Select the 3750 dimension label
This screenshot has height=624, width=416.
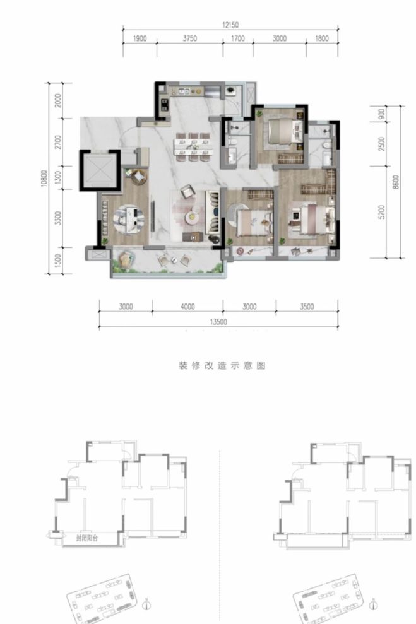coord(190,38)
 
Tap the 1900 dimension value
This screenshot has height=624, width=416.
coord(140,38)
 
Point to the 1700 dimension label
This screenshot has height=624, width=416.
coord(237,38)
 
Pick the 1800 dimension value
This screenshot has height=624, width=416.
coord(321,38)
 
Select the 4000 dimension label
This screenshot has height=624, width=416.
coord(187,307)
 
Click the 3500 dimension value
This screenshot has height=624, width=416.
coord(307,307)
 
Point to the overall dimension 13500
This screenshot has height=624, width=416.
coord(218,321)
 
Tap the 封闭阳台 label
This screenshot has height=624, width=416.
coord(84,538)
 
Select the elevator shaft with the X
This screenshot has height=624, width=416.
coord(98,170)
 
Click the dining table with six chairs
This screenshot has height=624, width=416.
coord(193,144)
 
